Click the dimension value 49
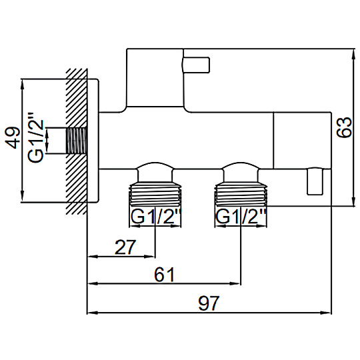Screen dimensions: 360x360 click(13, 138)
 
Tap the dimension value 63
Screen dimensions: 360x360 click(344, 127)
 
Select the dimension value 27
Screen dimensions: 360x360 click(125, 247)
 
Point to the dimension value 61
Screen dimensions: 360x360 click(164, 275)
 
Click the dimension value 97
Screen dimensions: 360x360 click(209, 303)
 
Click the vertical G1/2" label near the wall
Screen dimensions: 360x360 click(36, 137)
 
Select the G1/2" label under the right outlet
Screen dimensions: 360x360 click(241, 217)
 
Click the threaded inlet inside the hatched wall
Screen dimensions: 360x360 click(77, 141)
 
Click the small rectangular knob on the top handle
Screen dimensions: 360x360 click(196, 65)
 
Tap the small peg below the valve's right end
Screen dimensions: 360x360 click(315, 181)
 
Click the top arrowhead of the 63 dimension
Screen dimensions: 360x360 click(353, 54)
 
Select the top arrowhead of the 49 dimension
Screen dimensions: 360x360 click(22, 85)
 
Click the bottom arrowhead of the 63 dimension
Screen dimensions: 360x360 click(353, 201)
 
